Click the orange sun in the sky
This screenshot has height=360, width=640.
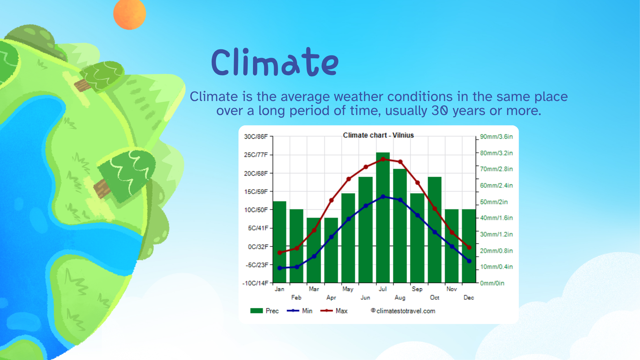point(130,14)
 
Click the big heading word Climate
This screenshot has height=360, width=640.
point(275,62)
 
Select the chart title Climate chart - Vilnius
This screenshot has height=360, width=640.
point(378,135)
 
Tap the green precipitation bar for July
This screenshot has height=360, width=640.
point(383,218)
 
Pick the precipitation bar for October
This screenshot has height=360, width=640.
point(434,230)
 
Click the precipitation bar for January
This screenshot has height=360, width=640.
point(280,242)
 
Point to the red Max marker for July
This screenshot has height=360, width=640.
point(383,159)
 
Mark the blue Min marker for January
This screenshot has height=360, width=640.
point(280,268)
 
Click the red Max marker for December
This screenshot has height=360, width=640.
point(469,248)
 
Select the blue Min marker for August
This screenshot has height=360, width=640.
point(400,200)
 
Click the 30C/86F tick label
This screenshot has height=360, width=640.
point(256,136)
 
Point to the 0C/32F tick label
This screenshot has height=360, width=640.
point(258,246)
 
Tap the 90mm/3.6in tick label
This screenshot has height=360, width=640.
point(496,136)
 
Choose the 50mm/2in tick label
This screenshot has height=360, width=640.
point(494,202)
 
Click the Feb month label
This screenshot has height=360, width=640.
point(296,298)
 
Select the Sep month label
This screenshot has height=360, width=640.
point(417,289)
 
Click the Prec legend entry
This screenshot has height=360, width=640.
point(264,311)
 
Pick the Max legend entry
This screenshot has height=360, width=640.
point(334,311)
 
